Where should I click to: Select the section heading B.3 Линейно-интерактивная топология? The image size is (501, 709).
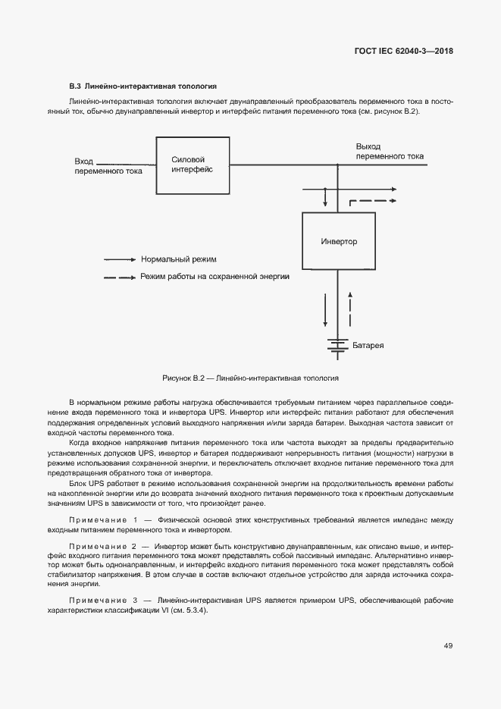pos(143,86)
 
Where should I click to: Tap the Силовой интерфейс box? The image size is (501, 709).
pos(193,165)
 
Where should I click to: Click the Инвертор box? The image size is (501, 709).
pos(338,242)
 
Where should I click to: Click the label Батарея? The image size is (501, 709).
pos(368,346)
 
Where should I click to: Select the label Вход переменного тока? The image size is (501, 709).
pos(108,166)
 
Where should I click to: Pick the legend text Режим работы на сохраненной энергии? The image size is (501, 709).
pos(214,277)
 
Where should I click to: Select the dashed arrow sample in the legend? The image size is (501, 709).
pos(120,278)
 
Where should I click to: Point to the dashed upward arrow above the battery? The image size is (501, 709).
pos(350,308)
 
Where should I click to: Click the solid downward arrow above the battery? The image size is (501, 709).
pos(326,308)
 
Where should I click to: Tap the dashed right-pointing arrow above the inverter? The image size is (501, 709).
pos(373,201)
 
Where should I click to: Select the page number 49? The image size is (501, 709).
pos(448,645)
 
